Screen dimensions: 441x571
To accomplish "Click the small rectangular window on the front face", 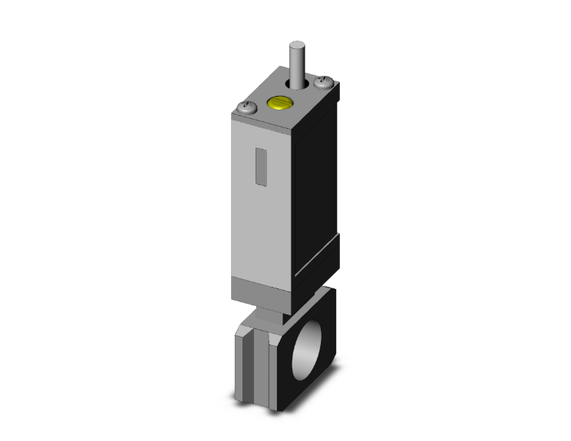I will tap(260, 168).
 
